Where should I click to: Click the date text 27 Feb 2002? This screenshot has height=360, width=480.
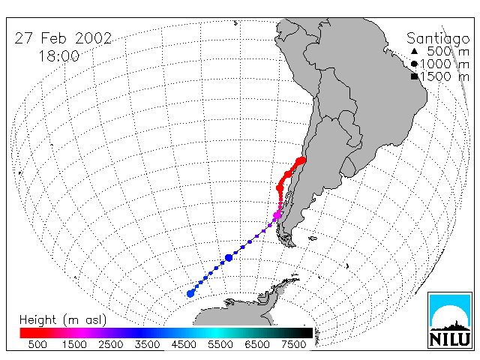63,38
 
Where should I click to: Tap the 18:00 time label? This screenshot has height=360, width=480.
59,56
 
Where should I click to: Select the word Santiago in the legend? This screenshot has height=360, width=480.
438,39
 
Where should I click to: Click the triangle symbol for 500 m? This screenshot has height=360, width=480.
414,51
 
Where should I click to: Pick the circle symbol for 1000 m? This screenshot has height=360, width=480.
414,64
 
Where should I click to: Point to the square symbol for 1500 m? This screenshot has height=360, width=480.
415,76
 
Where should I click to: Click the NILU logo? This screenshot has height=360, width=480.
450,320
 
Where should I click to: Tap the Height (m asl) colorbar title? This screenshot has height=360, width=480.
63,320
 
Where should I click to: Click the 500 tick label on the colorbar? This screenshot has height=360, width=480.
37,344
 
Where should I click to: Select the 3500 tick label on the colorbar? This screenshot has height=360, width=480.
147,344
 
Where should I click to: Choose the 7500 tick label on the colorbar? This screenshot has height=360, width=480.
293,344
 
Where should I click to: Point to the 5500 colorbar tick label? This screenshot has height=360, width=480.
220,344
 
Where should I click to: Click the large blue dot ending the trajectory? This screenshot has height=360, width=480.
190,294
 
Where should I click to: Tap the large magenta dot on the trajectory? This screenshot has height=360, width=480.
277,215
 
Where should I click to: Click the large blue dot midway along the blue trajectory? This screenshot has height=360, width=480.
229,258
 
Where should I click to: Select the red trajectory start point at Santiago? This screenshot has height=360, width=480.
301,160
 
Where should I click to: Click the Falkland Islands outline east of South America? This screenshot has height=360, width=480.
313,238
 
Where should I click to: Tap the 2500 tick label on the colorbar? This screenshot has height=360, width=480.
111,344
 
